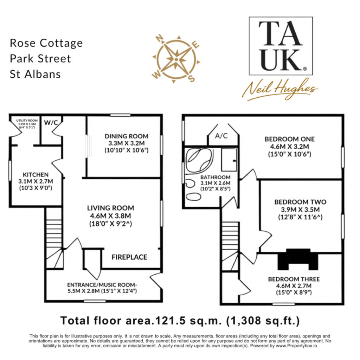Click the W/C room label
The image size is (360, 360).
tap(51, 122)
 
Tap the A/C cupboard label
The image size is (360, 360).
tap(221, 136)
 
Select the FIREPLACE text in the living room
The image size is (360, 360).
tap(129, 257)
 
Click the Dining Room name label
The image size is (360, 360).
tap(127, 136)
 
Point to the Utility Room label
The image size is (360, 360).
tap(27, 120)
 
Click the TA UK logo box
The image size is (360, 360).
tap(281, 46)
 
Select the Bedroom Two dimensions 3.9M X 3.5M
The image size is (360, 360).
tap(300, 210)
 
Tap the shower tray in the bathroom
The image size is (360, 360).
tap(229, 160)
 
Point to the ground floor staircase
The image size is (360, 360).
tap(54, 238)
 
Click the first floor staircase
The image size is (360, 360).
tap(230, 246)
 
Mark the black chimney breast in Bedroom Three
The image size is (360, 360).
tap(298, 259)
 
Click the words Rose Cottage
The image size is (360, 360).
tap(46, 43)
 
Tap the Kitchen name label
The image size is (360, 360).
tap(36, 174)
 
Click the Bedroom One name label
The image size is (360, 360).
tap(290, 139)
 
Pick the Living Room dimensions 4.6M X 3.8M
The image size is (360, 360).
tap(110, 216)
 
